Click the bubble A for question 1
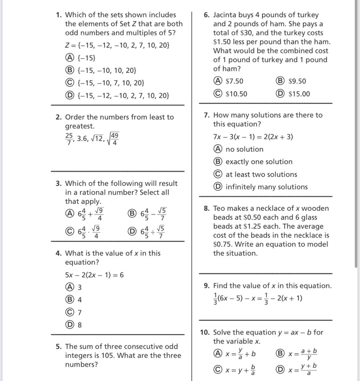tap(70, 58)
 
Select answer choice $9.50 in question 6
tap(280, 81)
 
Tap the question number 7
tap(207, 115)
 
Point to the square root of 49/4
tap(113, 139)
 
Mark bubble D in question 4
tap(70, 325)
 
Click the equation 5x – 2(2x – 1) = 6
tap(94, 275)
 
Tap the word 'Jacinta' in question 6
tap(225, 15)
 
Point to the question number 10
tap(205, 332)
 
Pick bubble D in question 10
tap(280, 370)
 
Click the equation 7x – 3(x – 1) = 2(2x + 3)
tap(253, 137)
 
